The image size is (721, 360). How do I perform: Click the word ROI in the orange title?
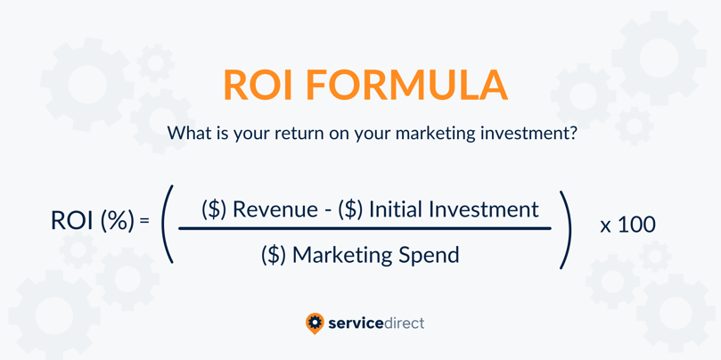click(258, 85)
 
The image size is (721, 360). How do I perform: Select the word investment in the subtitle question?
click(530, 133)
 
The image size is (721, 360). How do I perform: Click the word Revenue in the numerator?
click(275, 209)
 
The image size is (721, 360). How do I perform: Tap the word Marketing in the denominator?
click(342, 254)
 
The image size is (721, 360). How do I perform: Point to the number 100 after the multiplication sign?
click(636, 225)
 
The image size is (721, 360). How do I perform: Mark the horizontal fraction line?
click(365, 227)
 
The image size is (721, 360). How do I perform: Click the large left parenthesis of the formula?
click(167, 224)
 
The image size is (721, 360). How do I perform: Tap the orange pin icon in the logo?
click(315, 323)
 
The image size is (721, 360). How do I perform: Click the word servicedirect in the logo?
click(376, 323)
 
